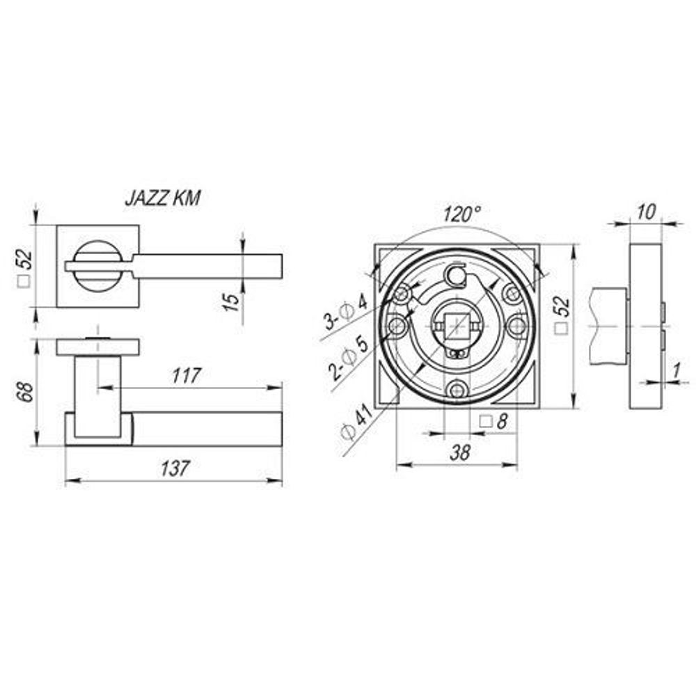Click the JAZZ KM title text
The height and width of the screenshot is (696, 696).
point(163,198)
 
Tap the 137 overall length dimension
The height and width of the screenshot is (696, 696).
point(175,468)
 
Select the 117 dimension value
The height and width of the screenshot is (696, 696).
point(187,376)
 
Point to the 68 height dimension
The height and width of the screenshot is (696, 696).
point(27,391)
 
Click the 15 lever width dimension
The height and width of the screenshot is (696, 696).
point(231,302)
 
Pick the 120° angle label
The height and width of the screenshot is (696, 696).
point(462,214)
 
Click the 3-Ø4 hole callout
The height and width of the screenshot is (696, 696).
point(347,314)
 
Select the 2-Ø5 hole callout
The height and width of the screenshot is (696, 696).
point(349,358)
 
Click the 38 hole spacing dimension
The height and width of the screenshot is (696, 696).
point(459,453)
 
